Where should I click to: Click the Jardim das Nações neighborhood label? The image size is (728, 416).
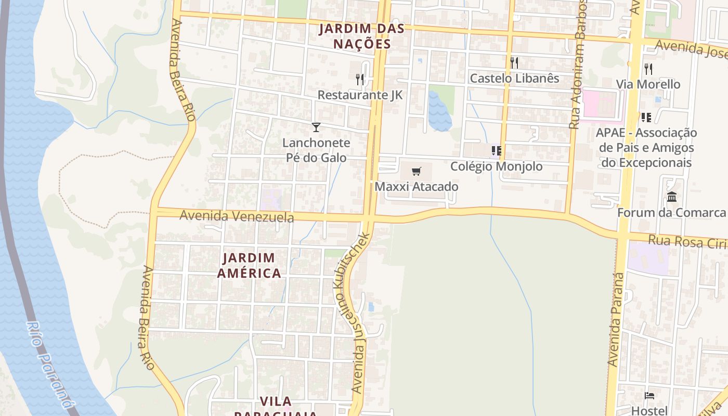pos(355,36)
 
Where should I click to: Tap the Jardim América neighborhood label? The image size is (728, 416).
pos(249,265)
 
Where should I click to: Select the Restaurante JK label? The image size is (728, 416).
pos(360,95)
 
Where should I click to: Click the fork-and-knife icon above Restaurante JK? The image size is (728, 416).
pos(360,79)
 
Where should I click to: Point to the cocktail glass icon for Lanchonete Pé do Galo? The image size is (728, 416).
pos(316,127)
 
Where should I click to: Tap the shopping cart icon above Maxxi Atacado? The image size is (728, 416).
pos(416,172)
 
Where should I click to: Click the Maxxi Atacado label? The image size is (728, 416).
pos(417,187)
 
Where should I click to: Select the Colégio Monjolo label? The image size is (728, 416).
pos(496,166)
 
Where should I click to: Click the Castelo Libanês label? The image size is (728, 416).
pos(514,79)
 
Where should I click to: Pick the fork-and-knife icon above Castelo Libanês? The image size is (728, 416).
pos(514,63)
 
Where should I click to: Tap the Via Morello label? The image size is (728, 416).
pos(648,84)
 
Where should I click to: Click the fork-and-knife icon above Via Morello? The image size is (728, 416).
pos(648,69)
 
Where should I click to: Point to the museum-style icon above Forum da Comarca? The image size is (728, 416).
pos(672,197)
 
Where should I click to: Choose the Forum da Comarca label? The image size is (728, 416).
pos(671,213)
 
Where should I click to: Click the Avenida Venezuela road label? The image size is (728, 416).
pos(237,216)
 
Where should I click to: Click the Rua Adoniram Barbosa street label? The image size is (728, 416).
pos(578,65)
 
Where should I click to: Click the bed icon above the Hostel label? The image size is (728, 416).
pos(649,396)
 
